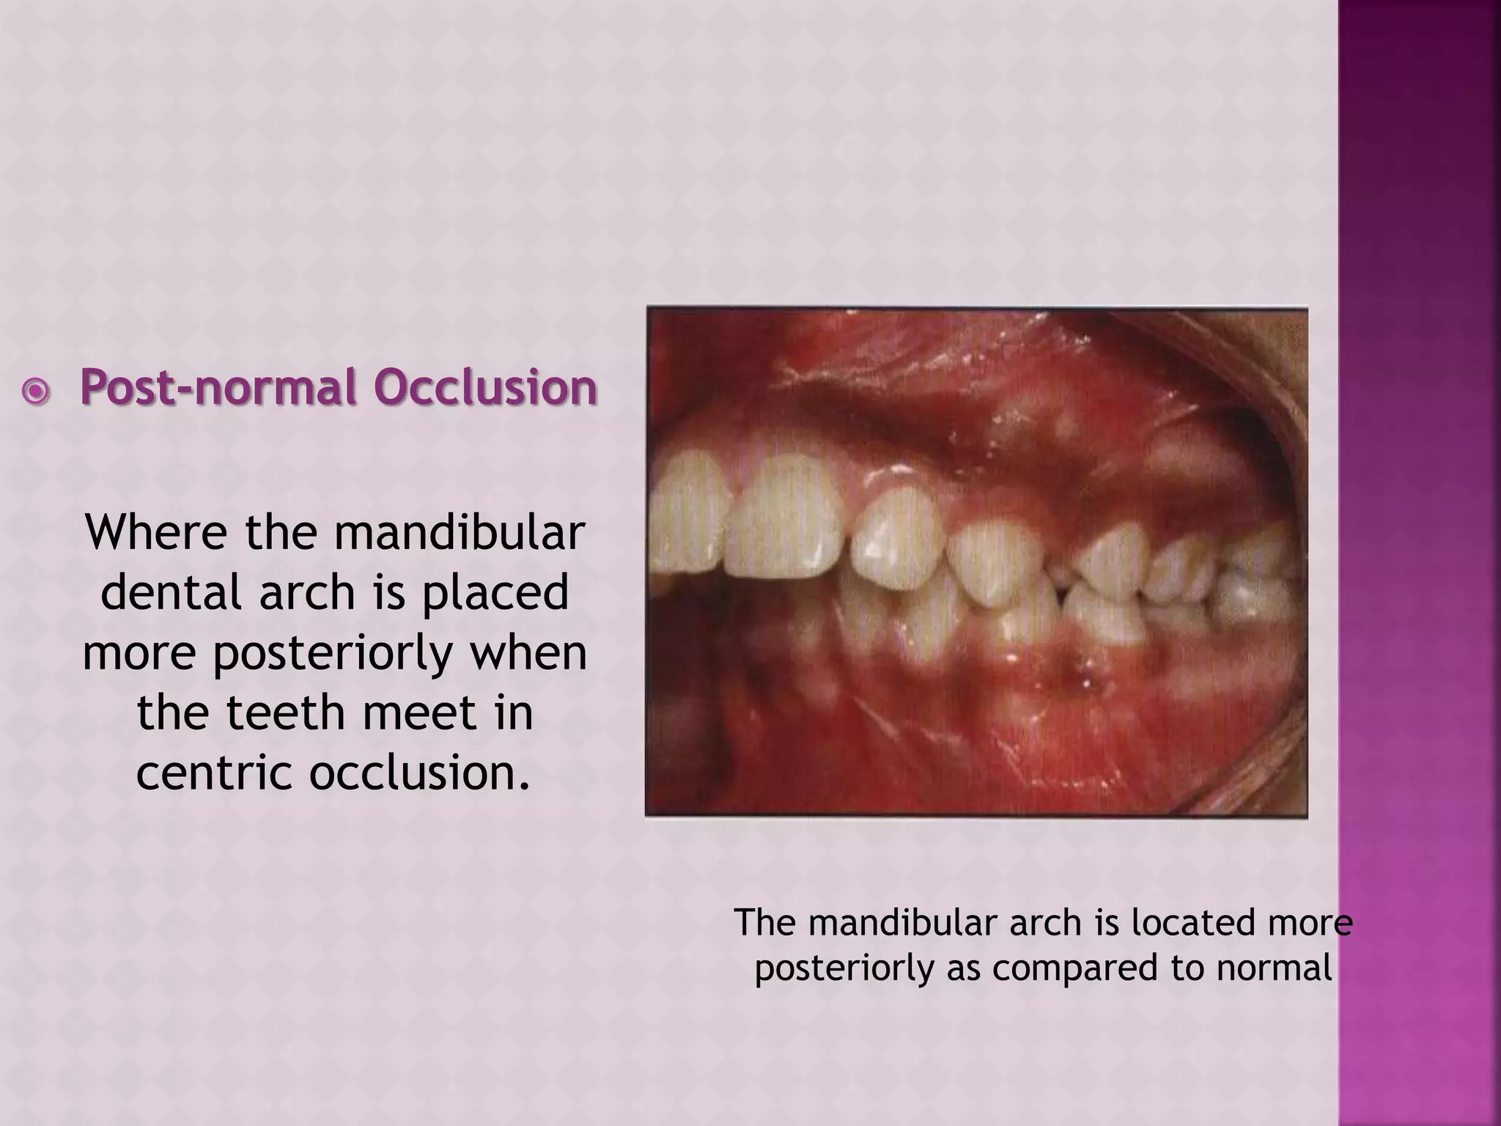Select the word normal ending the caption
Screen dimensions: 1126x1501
pos(1275,968)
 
